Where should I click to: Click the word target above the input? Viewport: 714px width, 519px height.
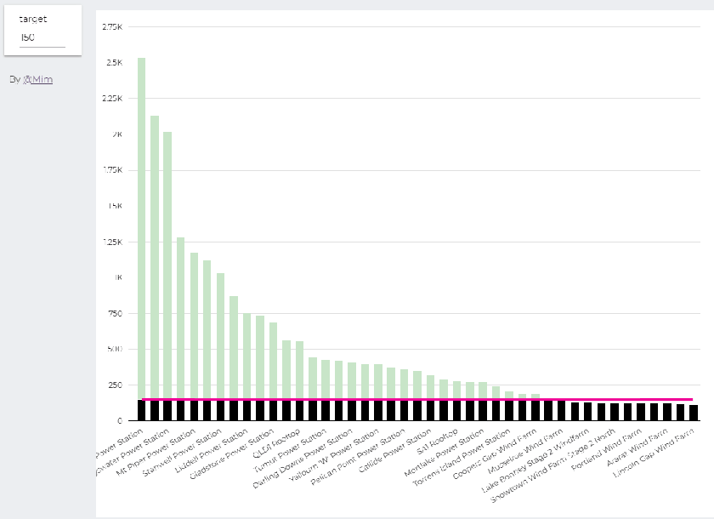[33, 18]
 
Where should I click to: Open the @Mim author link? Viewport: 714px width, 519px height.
[37, 79]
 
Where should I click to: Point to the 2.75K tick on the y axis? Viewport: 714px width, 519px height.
[111, 27]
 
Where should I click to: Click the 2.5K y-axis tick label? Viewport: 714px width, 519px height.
[113, 63]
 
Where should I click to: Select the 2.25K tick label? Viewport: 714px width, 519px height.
[111, 99]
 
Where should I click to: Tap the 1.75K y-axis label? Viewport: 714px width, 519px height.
[111, 170]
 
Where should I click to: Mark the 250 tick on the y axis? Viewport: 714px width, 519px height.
[115, 385]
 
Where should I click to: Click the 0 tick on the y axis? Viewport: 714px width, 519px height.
[120, 421]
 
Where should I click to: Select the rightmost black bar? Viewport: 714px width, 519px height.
[694, 413]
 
